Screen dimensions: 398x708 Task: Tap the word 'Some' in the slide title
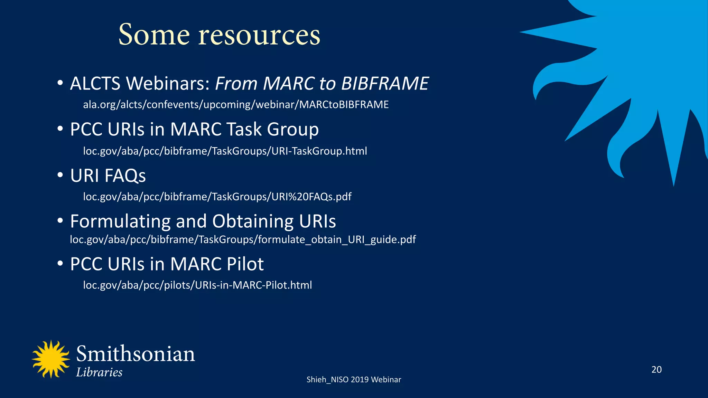154,35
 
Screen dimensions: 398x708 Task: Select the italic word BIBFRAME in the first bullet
385,84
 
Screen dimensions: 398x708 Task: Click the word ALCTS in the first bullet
95,84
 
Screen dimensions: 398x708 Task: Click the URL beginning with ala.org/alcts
236,105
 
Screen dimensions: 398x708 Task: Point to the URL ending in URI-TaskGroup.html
225,151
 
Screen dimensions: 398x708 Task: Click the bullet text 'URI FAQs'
108,176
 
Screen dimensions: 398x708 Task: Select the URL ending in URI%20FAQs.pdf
217,197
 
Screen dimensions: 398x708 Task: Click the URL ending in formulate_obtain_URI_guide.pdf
243,239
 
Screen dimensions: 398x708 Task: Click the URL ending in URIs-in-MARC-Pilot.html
197,285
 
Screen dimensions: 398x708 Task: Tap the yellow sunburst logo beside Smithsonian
51,359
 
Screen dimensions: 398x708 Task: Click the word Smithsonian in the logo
136,354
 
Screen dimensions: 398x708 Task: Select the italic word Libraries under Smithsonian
99,372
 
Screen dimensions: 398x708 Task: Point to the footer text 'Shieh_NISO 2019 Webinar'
354,380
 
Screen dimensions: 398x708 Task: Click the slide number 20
656,370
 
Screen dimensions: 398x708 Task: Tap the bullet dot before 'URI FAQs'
60,175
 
